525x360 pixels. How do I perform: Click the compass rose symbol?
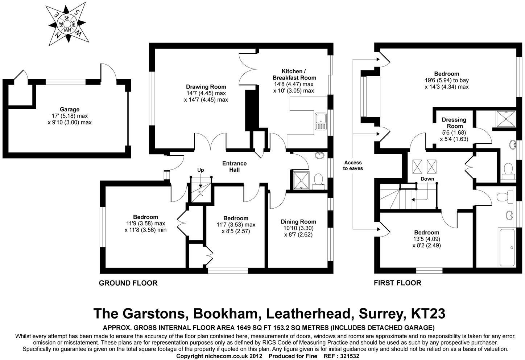pyautogui.click(x=67, y=24)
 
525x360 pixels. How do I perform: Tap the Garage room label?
pyautogui.click(x=70, y=109)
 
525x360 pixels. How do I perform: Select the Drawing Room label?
pyautogui.click(x=206, y=87)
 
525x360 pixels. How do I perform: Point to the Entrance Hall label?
pyautogui.click(x=234, y=167)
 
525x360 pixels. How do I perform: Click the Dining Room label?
pyautogui.click(x=298, y=222)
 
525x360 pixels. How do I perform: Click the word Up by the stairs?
pyautogui.click(x=201, y=170)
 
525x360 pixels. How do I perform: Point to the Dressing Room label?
pyautogui.click(x=454, y=123)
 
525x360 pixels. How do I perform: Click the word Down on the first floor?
pyautogui.click(x=427, y=179)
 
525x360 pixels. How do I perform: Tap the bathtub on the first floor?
pyautogui.click(x=506, y=247)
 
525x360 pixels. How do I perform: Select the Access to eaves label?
pyautogui.click(x=353, y=165)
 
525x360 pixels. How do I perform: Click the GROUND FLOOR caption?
pyautogui.click(x=128, y=283)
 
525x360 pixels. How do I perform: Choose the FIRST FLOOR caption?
pyautogui.click(x=397, y=283)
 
